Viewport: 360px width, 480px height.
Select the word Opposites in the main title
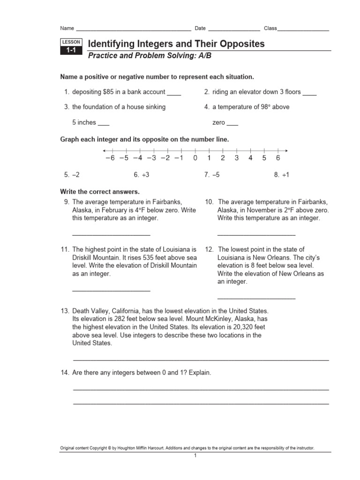(240, 44)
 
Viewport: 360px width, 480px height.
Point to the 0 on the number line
(195, 158)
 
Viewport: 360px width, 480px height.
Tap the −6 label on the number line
(110, 158)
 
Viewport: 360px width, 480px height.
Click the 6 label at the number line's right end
(278, 158)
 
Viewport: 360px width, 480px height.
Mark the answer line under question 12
(256, 298)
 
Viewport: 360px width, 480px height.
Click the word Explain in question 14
(200, 373)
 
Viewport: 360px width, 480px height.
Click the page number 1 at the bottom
(195, 456)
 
